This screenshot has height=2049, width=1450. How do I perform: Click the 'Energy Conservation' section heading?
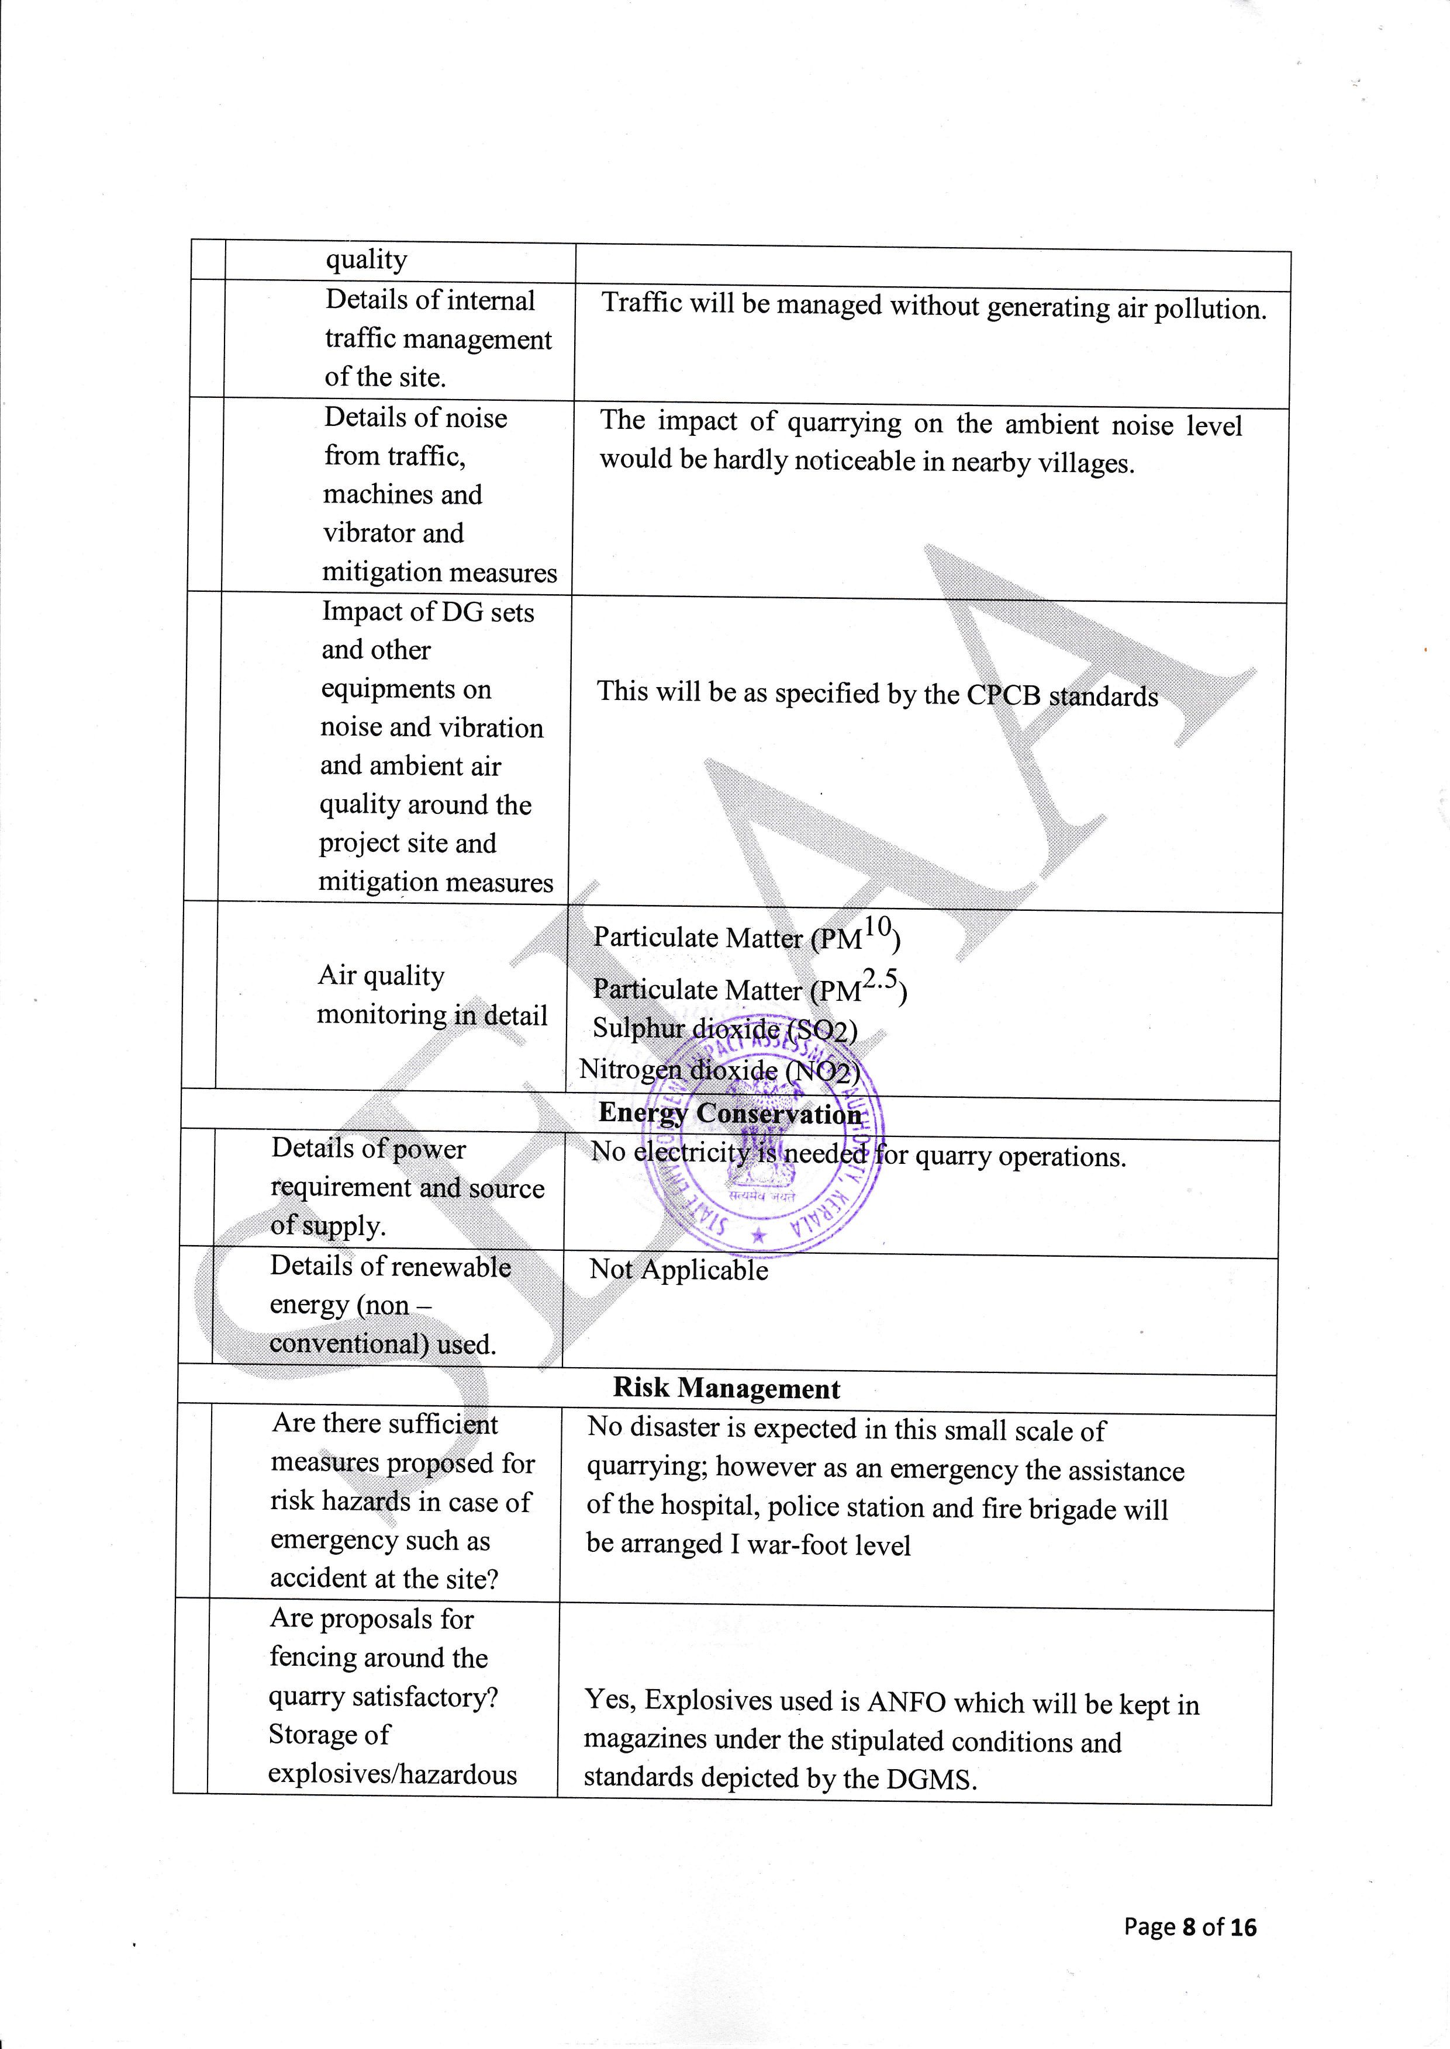730,1113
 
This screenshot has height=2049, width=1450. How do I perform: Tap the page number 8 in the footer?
1189,1927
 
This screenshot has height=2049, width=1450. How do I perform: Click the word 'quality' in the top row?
366,259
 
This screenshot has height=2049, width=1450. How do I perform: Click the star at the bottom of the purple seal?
759,1236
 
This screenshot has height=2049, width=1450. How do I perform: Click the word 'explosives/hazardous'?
392,1774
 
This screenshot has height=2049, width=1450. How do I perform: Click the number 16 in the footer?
1242,1927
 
